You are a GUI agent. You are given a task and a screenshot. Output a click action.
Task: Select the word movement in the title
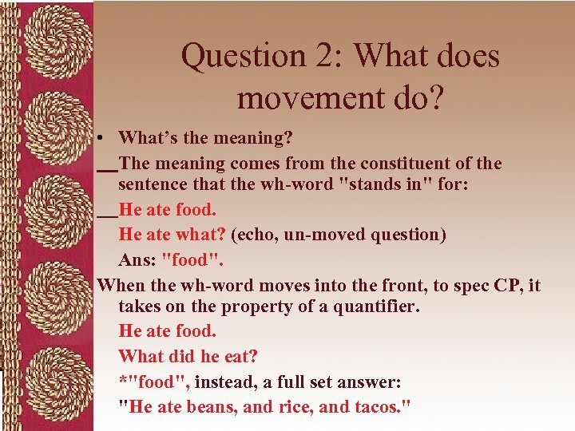(303, 97)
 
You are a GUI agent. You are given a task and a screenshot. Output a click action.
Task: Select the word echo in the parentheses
(253, 235)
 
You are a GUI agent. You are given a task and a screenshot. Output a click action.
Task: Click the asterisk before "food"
(122, 381)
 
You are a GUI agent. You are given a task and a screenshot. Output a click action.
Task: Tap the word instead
(232, 382)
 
